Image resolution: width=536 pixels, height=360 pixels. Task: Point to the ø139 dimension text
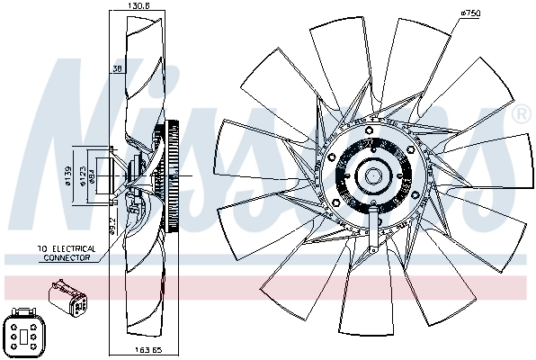[69, 173]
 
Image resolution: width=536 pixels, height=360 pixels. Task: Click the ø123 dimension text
[81, 174]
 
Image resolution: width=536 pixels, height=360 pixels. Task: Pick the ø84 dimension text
[92, 174]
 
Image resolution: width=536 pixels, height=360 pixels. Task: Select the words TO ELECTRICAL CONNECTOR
[65, 253]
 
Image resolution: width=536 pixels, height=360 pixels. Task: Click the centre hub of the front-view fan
[371, 175]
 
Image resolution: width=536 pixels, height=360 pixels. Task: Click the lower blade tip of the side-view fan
[135, 324]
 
